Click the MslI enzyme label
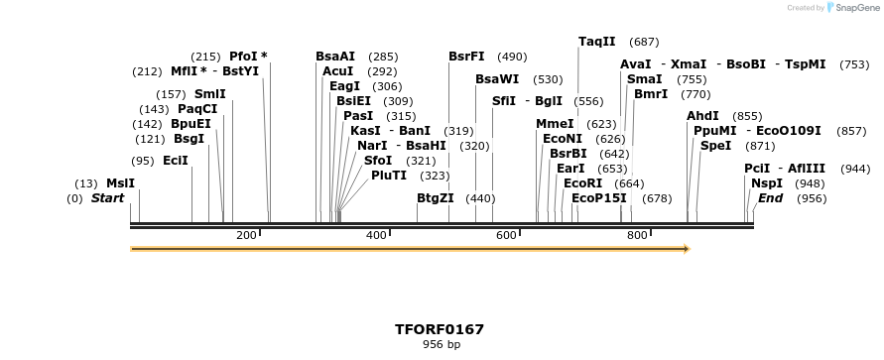[x=120, y=183]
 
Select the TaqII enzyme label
[x=597, y=42]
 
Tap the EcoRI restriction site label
[x=582, y=183]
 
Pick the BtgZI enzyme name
[x=436, y=198]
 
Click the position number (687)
[x=644, y=42]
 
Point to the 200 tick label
[x=246, y=235]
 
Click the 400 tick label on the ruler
[x=376, y=235]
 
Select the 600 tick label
[x=506, y=235]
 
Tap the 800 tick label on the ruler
[x=636, y=235]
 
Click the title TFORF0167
[x=440, y=329]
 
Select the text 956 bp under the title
[x=440, y=345]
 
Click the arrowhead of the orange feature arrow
[x=685, y=248]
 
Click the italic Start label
[x=108, y=198]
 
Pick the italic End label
[x=770, y=198]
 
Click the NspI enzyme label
[x=766, y=183]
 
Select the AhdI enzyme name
[x=702, y=116]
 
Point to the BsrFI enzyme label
[x=466, y=57]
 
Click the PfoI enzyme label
[x=243, y=57]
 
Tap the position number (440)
[x=480, y=198]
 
